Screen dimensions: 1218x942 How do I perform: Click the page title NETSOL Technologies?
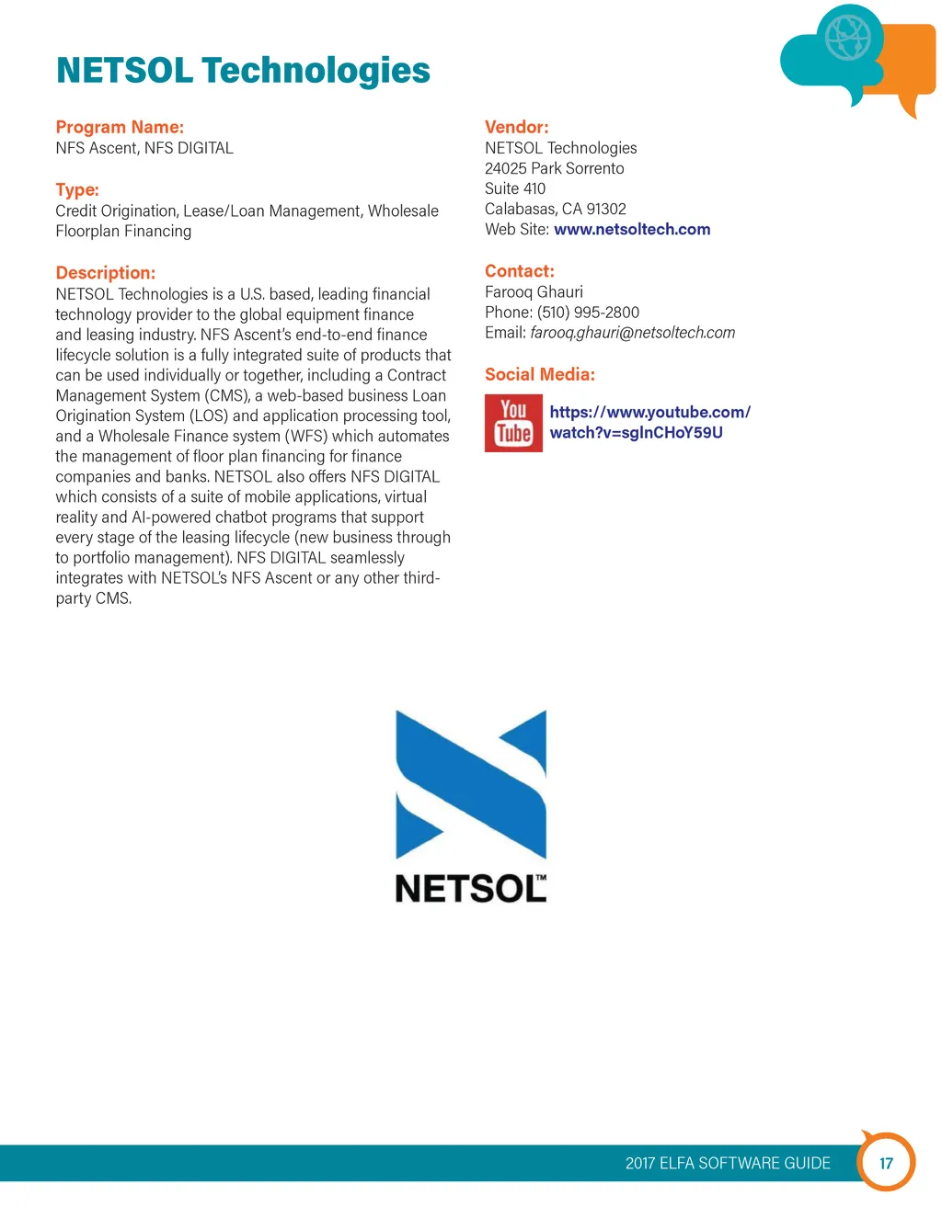click(243, 71)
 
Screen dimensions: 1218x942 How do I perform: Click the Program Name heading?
click(120, 127)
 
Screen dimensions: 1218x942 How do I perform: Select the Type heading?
click(77, 189)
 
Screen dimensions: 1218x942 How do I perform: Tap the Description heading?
click(105, 272)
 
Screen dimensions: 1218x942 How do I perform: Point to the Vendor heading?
click(516, 127)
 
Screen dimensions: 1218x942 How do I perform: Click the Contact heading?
click(519, 271)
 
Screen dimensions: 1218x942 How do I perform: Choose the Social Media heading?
click(539, 374)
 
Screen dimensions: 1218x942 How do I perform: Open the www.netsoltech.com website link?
click(632, 229)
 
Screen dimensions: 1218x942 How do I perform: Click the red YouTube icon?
click(513, 423)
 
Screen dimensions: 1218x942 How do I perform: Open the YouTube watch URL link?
click(649, 422)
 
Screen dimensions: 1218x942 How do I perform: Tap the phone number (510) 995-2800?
click(588, 313)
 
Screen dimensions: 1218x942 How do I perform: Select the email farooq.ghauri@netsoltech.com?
click(632, 333)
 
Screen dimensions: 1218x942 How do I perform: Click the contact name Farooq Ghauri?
click(534, 292)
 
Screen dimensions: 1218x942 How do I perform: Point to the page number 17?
click(886, 1163)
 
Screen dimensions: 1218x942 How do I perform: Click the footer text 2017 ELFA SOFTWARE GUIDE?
click(728, 1163)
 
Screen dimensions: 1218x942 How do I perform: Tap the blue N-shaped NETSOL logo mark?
click(471, 784)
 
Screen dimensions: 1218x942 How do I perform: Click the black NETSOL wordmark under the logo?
click(469, 889)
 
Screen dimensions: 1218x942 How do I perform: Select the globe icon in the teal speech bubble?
click(847, 38)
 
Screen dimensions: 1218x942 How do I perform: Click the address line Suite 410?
click(515, 188)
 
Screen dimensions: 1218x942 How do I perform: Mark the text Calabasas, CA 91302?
click(555, 209)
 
